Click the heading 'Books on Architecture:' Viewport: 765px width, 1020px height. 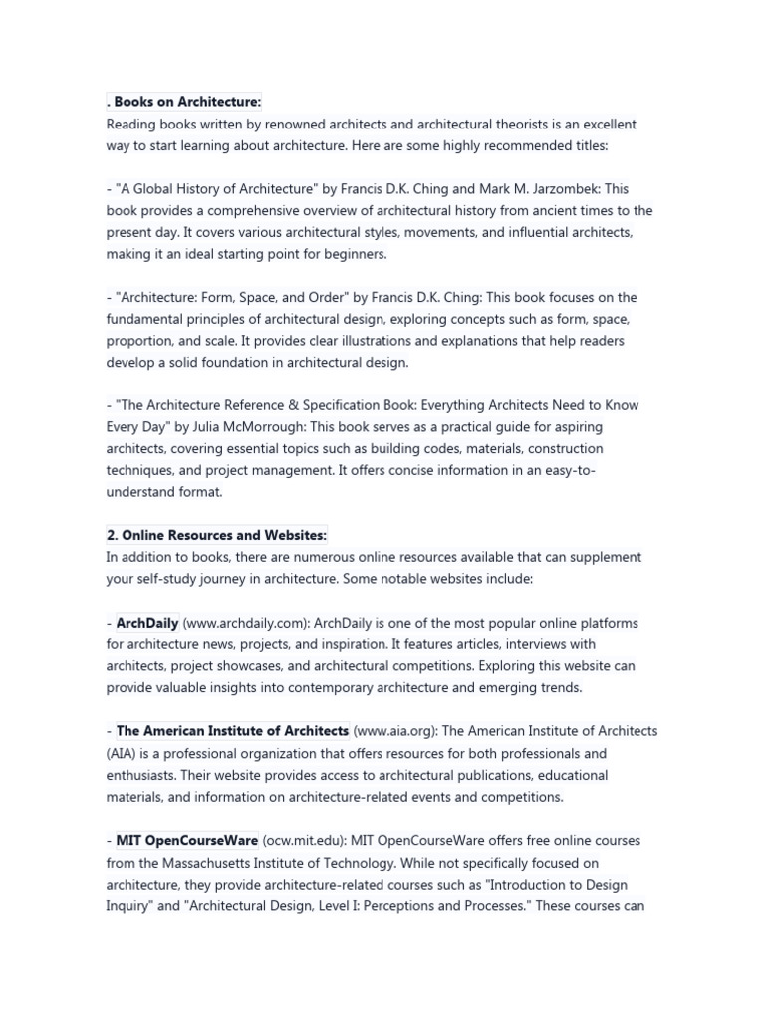tap(186, 102)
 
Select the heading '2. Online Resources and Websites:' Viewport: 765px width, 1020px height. tap(216, 535)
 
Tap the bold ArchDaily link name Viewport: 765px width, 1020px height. tap(147, 623)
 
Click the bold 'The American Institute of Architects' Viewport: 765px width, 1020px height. tap(232, 731)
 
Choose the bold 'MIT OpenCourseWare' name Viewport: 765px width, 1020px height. tap(187, 841)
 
